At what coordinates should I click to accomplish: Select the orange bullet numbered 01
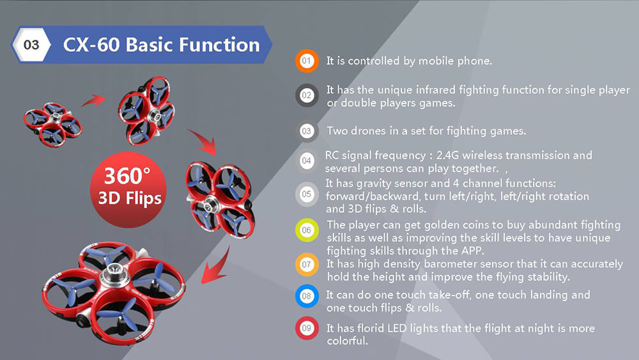click(307, 61)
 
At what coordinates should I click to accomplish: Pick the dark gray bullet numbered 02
click(307, 96)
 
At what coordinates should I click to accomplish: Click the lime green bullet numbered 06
click(307, 230)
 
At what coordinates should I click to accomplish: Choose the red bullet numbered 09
click(307, 329)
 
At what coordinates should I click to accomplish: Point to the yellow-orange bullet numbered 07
click(307, 263)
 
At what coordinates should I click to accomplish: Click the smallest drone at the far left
click(53, 120)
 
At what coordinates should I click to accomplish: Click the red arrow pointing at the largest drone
click(216, 262)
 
